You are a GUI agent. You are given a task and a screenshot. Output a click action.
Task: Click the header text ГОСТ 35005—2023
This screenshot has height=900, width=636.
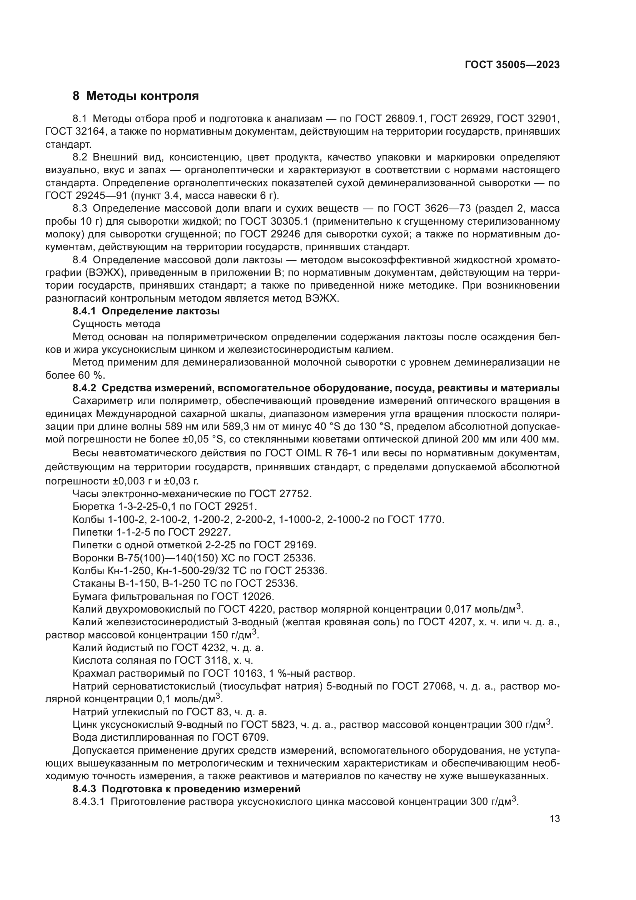point(512,65)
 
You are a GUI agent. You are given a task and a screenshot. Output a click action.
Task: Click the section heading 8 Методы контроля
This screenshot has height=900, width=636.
point(135,96)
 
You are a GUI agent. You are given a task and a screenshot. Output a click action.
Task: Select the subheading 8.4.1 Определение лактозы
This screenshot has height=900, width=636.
point(146,312)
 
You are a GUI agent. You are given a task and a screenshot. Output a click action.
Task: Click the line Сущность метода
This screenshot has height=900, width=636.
point(116,324)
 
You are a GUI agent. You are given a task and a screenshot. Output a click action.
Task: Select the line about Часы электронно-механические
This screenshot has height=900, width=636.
point(192,494)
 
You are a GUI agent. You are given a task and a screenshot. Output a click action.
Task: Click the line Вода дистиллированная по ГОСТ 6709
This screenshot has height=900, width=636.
point(171,737)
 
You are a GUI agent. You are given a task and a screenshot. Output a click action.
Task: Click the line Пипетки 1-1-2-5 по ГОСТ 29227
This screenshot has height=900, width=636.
point(152,532)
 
